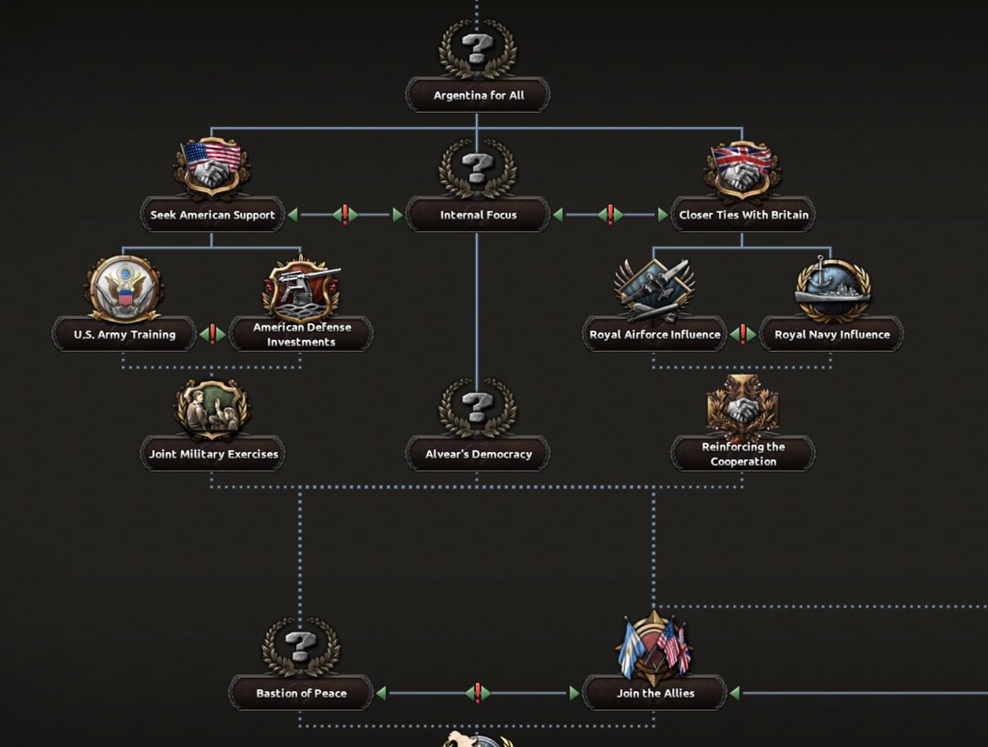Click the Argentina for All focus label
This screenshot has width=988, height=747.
point(478,95)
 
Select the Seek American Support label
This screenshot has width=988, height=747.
point(212,215)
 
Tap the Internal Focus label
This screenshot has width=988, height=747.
point(478,215)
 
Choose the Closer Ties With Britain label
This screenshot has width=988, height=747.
point(743,215)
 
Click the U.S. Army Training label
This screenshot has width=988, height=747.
point(124,335)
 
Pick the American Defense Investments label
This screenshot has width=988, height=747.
point(301,335)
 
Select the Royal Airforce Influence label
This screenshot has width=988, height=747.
point(655,335)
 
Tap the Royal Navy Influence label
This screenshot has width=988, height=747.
point(832,335)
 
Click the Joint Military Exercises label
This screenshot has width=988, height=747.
point(213,454)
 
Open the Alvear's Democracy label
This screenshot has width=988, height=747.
point(478,454)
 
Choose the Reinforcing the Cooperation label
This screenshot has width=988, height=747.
point(743,454)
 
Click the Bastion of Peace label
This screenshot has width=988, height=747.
point(301,694)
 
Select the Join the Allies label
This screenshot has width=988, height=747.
point(655,694)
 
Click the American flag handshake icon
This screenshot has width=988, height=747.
point(212,167)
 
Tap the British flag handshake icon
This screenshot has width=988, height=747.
point(743,167)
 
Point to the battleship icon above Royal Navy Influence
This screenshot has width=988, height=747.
point(832,288)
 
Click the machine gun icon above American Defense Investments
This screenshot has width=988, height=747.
point(301,288)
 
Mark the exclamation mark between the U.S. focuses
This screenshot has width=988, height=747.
point(212,335)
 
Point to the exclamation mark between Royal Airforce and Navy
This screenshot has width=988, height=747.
point(743,335)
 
